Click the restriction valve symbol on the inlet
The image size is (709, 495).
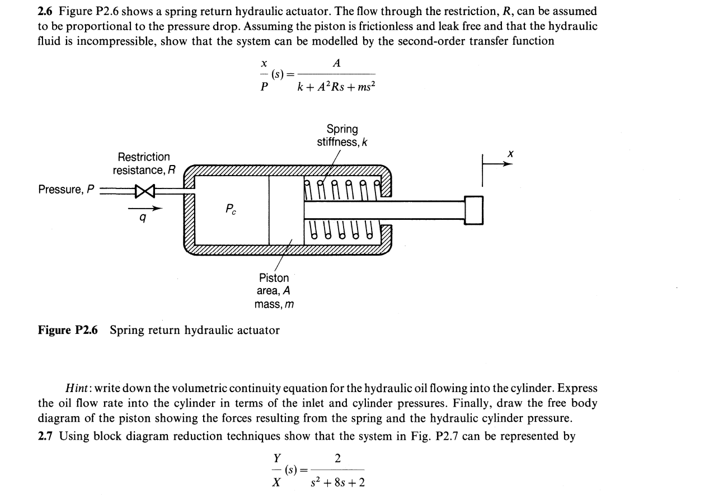[x=144, y=191]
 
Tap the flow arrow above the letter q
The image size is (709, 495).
[x=145, y=209]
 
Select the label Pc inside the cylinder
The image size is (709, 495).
[x=231, y=209]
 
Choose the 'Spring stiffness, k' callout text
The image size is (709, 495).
[x=342, y=135]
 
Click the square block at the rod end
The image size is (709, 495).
[x=473, y=210]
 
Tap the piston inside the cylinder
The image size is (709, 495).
[x=286, y=209]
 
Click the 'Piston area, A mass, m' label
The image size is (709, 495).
[x=274, y=291]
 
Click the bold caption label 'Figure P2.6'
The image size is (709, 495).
[x=68, y=330]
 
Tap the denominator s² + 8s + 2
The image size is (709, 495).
[x=337, y=482]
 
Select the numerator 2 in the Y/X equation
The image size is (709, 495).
[x=337, y=459]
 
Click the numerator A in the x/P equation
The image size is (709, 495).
[x=336, y=63]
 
